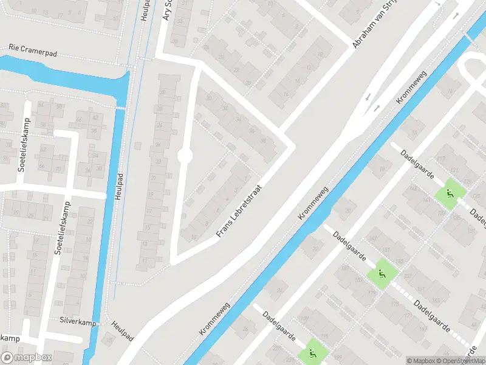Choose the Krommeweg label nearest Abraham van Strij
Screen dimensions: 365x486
[412, 90]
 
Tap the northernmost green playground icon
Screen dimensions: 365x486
[450, 194]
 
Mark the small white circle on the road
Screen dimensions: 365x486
[185, 157]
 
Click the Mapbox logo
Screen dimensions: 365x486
[27, 358]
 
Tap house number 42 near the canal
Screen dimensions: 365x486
[95, 118]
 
